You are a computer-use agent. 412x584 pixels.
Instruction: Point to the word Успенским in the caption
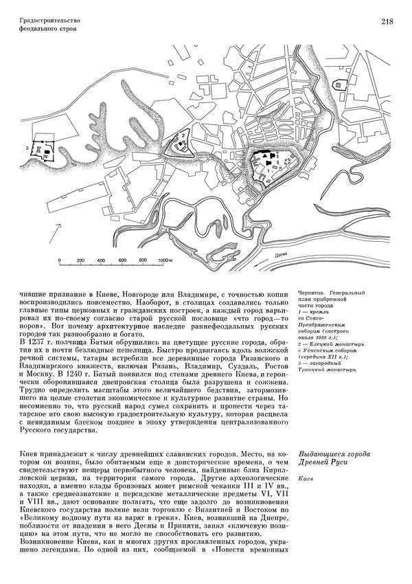(x=326, y=350)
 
